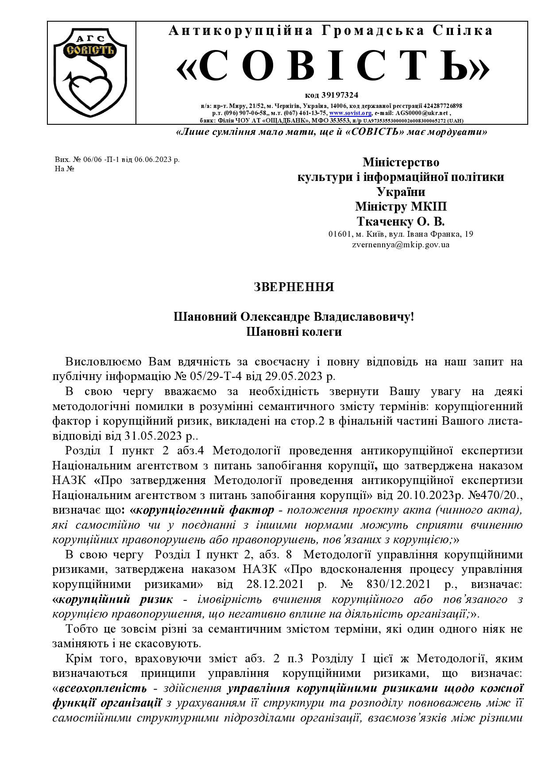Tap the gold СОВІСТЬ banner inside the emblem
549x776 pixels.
[90, 50]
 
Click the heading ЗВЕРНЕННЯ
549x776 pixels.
[294, 287]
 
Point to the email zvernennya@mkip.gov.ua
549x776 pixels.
[400, 244]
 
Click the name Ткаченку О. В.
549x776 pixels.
[400, 221]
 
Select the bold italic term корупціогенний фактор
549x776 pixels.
[205, 510]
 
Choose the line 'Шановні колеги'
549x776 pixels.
[294, 332]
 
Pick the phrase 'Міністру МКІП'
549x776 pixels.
[400, 207]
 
